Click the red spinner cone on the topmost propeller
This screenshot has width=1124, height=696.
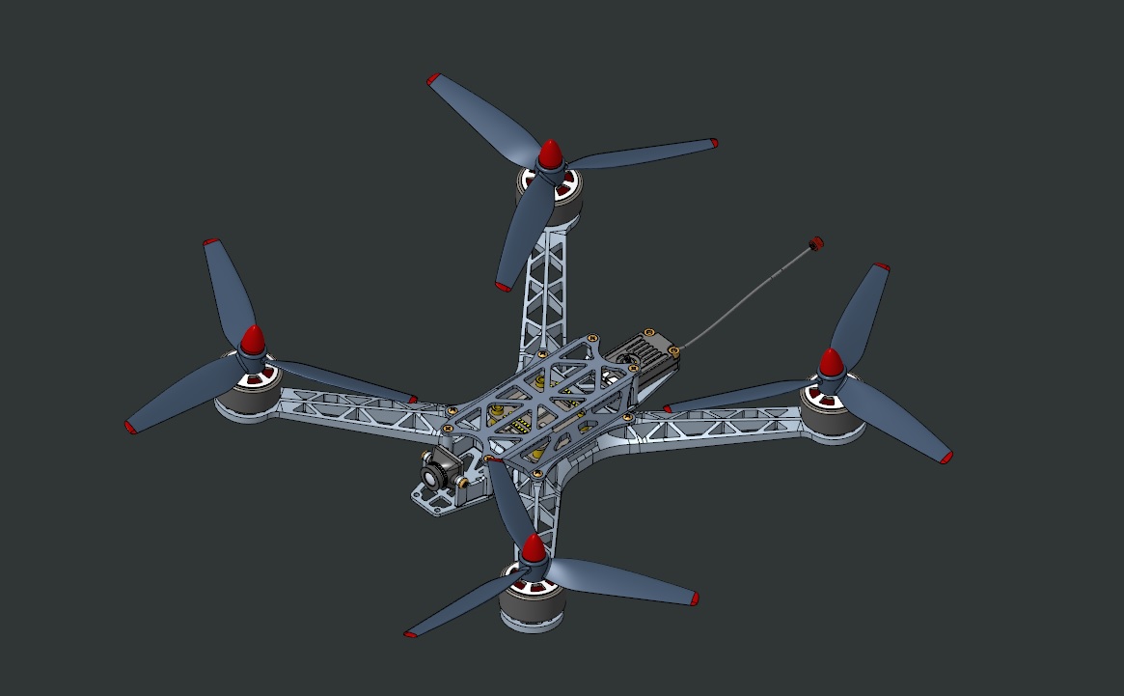pyautogui.click(x=550, y=154)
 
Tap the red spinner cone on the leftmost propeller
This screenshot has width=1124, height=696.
pyautogui.click(x=252, y=340)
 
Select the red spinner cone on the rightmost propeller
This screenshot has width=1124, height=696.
pyautogui.click(x=831, y=363)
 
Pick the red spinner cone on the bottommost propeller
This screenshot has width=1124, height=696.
pyautogui.click(x=532, y=549)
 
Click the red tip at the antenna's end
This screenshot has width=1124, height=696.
pyautogui.click(x=816, y=243)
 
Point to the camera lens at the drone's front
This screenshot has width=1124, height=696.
pyautogui.click(x=430, y=473)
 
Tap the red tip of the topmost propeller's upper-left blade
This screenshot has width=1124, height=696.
pyautogui.click(x=433, y=79)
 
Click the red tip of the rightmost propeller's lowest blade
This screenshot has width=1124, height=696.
pyautogui.click(x=946, y=458)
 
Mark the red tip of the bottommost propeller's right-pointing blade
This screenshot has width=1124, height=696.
pyautogui.click(x=694, y=599)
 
